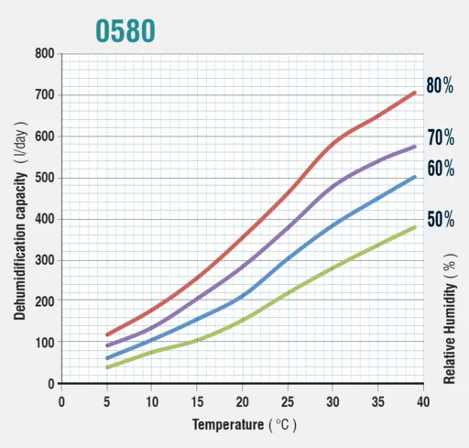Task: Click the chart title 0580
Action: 125,30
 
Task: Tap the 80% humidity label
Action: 440,85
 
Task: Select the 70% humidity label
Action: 441,137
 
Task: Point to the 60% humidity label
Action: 441,169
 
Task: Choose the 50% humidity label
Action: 441,219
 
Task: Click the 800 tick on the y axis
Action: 45,53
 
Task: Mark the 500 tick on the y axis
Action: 45,178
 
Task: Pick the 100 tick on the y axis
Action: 45,343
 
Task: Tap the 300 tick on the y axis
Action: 45,260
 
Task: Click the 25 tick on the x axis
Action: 288,402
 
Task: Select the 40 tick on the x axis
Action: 423,402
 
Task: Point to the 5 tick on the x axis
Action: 106,402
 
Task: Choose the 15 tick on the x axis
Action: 197,402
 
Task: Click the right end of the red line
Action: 415,93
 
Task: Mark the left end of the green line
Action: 107,367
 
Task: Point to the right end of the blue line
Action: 415,177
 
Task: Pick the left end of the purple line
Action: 107,345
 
